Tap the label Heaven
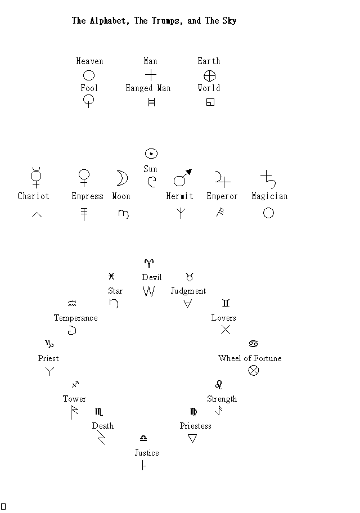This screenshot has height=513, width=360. (x=89, y=61)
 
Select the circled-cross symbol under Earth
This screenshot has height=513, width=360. (x=209, y=76)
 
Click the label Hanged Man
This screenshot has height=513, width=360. (x=148, y=88)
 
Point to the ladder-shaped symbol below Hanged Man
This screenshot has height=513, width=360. (x=151, y=102)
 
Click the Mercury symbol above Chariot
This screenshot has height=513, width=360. (x=36, y=177)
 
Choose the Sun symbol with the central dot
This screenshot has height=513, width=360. (x=151, y=154)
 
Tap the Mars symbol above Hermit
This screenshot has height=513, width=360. (x=183, y=178)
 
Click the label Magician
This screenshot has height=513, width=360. (x=269, y=196)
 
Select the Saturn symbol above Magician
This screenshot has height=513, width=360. (x=268, y=179)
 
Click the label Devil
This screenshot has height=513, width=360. (x=152, y=277)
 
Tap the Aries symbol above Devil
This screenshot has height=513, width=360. (x=149, y=263)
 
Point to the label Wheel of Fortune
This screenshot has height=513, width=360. (x=250, y=358)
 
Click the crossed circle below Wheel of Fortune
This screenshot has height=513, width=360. (x=253, y=370)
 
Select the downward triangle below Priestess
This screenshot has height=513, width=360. (x=192, y=438)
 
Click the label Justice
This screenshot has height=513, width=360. (x=147, y=453)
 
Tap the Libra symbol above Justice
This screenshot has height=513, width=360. (x=143, y=438)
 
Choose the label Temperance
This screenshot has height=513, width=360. (x=75, y=318)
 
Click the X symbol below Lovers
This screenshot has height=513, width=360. (x=226, y=330)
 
